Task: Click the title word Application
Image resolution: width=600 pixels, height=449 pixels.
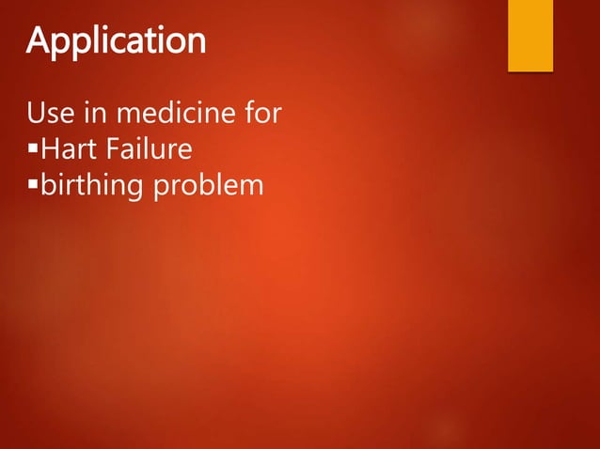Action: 116,41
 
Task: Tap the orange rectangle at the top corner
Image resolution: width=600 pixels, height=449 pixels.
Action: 530,35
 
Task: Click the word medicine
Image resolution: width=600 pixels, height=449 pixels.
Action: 175,116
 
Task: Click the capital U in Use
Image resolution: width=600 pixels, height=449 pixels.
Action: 36,116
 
